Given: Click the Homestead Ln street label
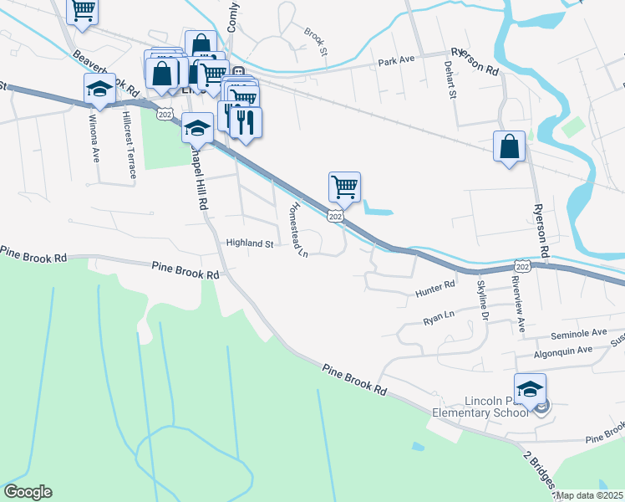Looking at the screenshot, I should (297, 229).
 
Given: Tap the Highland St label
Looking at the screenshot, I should (250, 243).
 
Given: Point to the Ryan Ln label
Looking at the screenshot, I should (438, 318).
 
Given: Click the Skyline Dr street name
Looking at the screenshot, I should (482, 300).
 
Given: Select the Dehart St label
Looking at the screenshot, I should (451, 79).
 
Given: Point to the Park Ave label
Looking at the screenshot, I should (396, 61).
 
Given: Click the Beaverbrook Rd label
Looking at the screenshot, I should (104, 73).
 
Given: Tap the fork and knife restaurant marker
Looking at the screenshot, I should (246, 122).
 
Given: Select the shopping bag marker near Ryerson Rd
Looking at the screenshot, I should (509, 146).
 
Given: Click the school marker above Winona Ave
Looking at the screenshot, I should (99, 89).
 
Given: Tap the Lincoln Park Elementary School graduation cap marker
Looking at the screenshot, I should (530, 389).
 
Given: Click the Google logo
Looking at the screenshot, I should (28, 492).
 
